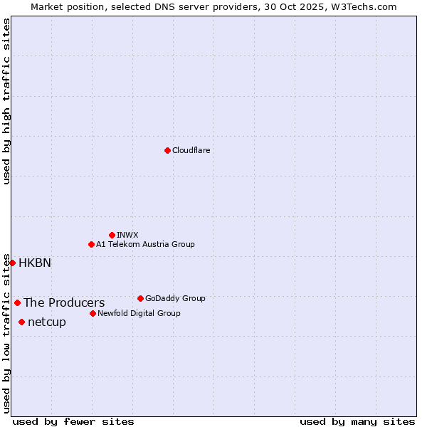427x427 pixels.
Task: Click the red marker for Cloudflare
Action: [x=167, y=150]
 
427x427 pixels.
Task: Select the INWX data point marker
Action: [x=112, y=235]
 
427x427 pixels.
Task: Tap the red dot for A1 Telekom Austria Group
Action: [x=91, y=244]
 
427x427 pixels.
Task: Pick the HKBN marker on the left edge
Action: [x=12, y=263]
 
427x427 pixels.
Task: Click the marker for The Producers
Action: [x=17, y=302]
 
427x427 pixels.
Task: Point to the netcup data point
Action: [x=21, y=322]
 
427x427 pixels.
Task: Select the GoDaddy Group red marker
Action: [x=140, y=298]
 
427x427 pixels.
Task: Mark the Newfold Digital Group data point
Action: [x=93, y=313]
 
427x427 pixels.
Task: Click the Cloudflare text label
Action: [x=191, y=150]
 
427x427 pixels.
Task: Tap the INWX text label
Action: [x=127, y=235]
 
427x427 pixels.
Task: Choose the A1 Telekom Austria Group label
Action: [x=145, y=244]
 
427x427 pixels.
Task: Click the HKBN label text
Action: [x=35, y=263]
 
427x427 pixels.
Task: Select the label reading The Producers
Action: [x=64, y=302]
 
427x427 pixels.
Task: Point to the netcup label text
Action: [x=47, y=322]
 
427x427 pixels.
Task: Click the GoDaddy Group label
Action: [x=175, y=298]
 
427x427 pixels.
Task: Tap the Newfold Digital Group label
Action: [x=139, y=313]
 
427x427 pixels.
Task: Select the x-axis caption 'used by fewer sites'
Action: [x=73, y=421]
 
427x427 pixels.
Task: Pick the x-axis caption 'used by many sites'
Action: [x=357, y=421]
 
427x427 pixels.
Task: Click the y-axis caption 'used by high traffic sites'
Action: [x=6, y=101]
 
